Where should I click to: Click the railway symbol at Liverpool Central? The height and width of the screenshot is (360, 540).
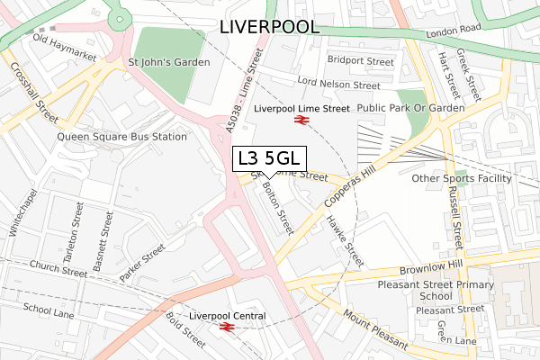[226, 328]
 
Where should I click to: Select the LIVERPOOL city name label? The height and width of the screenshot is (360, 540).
[268, 27]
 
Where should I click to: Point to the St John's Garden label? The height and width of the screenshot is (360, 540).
[169, 62]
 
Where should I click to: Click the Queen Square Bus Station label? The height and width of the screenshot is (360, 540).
[121, 137]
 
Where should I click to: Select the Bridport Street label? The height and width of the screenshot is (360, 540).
[360, 62]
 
